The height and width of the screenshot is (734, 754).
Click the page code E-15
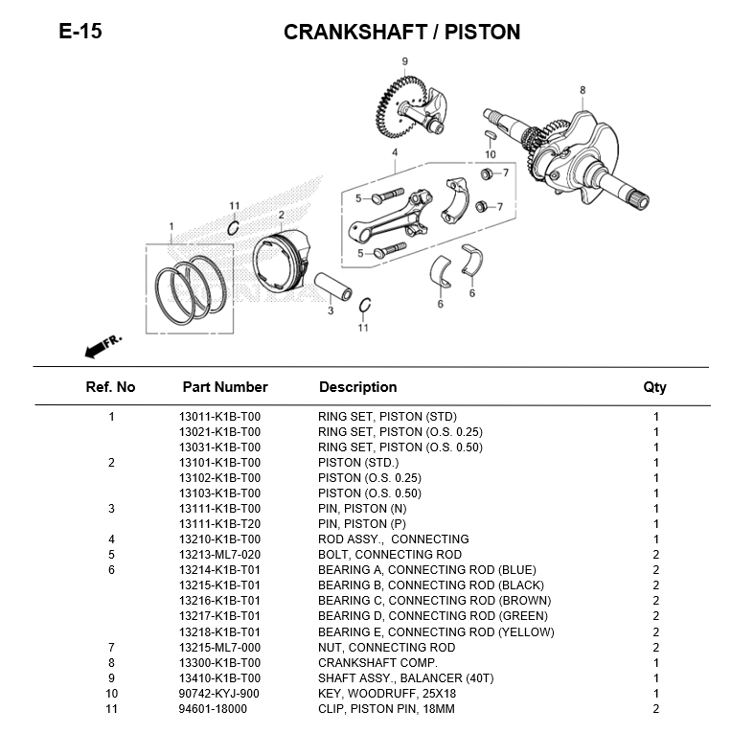[80, 32]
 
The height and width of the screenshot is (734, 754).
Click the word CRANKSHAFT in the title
[355, 33]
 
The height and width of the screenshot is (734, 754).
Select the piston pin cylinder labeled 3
[333, 287]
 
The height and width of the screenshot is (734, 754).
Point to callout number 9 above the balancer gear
[405, 61]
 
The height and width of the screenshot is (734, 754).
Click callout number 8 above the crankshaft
[583, 90]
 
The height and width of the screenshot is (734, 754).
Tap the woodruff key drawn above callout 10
[489, 134]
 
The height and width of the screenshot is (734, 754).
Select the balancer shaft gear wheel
[400, 106]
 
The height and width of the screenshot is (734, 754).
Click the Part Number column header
[225, 387]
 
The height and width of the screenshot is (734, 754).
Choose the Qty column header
[655, 387]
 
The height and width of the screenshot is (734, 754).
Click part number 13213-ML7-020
[219, 555]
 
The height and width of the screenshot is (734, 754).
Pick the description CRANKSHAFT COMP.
[378, 663]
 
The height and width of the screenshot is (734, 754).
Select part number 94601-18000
[213, 709]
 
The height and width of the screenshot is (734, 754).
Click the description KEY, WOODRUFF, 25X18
[387, 694]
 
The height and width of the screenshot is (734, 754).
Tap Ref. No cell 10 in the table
[111, 694]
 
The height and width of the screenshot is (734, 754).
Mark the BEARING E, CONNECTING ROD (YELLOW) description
[436, 632]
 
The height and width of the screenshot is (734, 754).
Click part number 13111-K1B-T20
[219, 524]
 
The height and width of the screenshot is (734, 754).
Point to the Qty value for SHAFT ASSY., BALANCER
[656, 678]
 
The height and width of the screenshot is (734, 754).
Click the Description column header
[358, 387]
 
